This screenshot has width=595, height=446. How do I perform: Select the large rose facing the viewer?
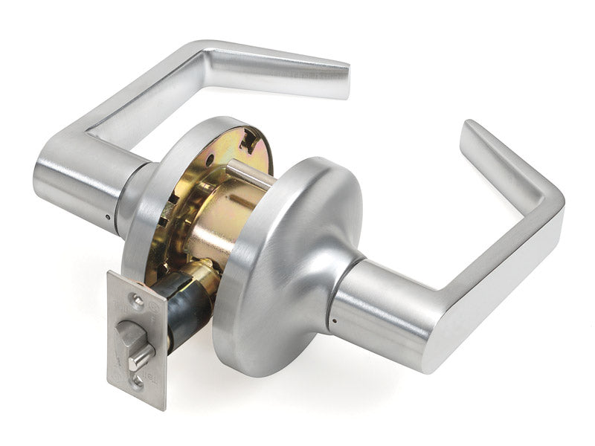pyautogui.click(x=286, y=260)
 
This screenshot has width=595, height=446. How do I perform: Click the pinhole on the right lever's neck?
pyautogui.click(x=333, y=321)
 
